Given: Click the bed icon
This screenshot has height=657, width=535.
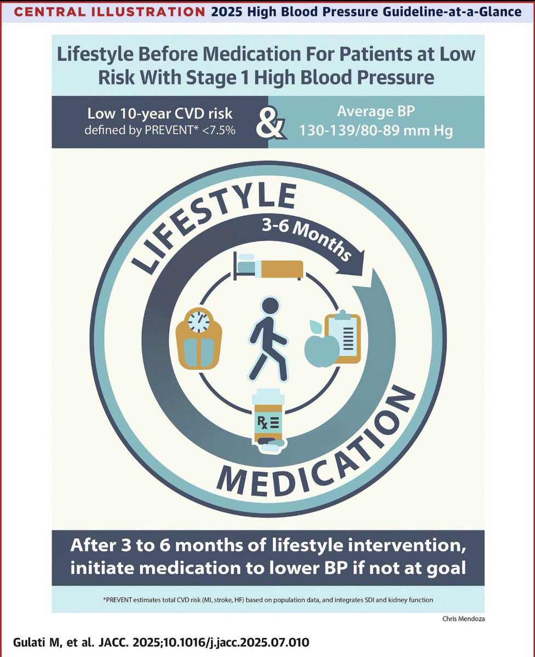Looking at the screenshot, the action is (x=268, y=266).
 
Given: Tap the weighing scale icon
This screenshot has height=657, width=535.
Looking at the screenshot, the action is (x=199, y=338).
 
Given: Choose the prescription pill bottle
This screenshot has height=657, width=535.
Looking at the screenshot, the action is (x=268, y=420).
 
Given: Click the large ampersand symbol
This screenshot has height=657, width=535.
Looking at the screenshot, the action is (x=271, y=123).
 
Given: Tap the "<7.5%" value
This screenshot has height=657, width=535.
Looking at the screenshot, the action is (x=218, y=130).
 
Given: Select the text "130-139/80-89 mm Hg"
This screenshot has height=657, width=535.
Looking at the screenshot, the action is (x=376, y=130).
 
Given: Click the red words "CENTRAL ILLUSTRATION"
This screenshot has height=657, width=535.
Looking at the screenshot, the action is (x=110, y=12).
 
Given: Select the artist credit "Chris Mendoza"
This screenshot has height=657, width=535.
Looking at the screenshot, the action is (x=463, y=619).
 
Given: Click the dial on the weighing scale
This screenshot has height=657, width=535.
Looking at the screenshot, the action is (x=199, y=321).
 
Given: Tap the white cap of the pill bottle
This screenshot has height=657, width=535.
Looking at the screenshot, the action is (x=268, y=396).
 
